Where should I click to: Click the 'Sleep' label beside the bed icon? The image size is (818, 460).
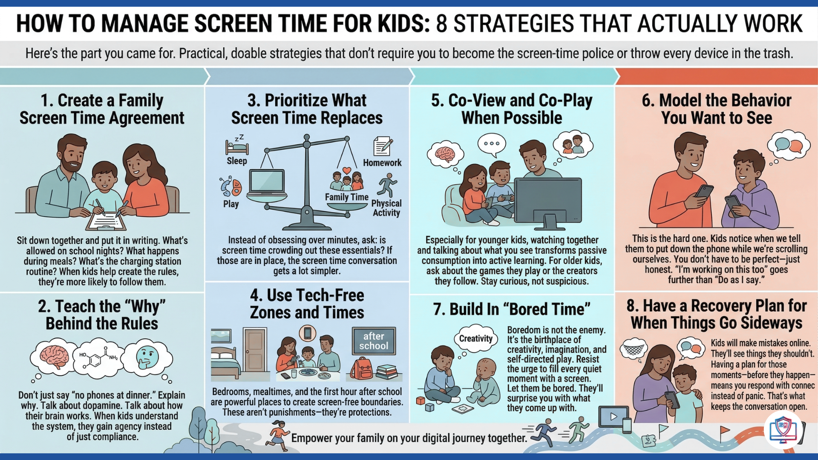[237, 161]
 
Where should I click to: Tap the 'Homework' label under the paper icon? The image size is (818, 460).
[382, 163]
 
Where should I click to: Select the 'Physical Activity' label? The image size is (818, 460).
[386, 208]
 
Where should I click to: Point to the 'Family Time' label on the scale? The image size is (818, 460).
[346, 197]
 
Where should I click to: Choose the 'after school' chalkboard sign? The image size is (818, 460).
[374, 341]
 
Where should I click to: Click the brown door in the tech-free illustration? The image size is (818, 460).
[255, 349]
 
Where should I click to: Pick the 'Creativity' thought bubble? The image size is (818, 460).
[475, 339]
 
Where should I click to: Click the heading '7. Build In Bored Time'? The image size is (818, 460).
[512, 309]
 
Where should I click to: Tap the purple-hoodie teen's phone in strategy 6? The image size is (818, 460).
[733, 205]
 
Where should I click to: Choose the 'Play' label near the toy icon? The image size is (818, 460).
[231, 204]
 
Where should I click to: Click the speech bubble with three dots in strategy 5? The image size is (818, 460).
[492, 144]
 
